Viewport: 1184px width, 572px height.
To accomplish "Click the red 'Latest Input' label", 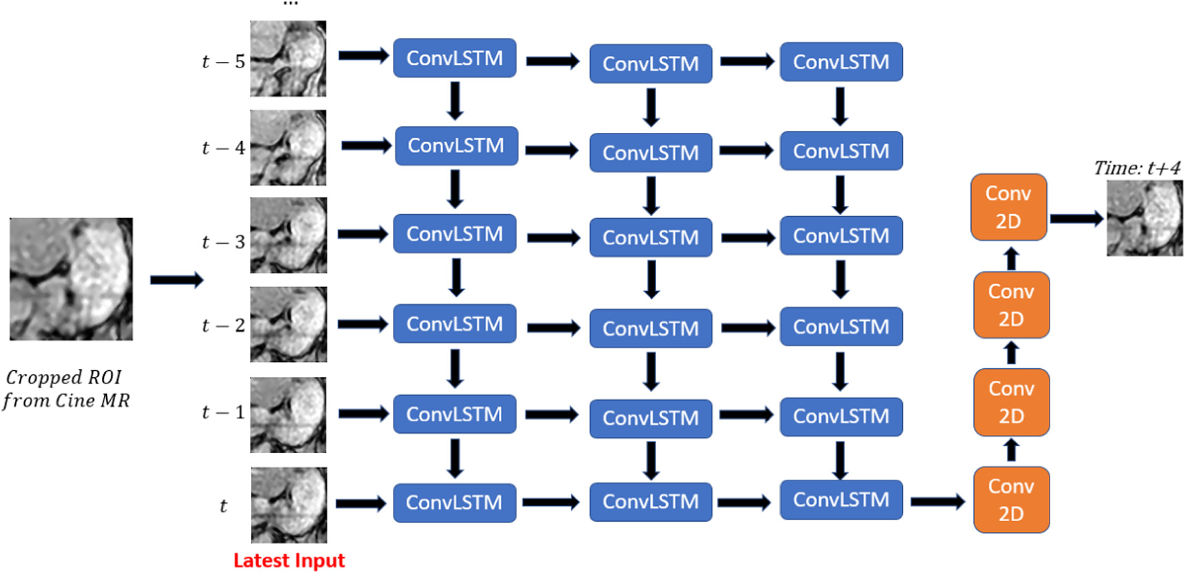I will coord(289,560).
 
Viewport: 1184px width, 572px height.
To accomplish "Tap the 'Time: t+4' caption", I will coord(1136,168).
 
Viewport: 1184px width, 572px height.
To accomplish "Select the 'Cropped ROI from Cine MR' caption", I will coord(65,389).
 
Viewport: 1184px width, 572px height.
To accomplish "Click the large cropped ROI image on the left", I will coord(71,279).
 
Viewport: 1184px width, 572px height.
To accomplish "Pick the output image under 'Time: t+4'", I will coord(1144,218).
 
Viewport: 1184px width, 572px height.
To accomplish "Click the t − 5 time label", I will coord(223,62).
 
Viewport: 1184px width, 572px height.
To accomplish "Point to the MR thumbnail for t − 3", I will coord(288,235).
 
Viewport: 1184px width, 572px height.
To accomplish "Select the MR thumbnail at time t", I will coord(289,505).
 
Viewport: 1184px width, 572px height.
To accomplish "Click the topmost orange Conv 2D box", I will coord(1008,207).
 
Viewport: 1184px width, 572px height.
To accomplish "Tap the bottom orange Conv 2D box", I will coord(1011,500).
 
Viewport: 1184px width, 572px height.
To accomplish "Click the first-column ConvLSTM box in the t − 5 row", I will coord(454,59).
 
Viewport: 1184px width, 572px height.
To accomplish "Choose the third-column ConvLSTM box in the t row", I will coord(841,500).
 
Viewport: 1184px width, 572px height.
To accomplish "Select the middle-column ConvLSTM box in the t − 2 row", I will coord(651,329).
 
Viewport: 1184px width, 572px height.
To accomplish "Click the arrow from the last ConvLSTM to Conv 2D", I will coord(937,502).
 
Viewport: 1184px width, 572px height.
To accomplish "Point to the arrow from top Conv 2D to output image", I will coord(1076,219).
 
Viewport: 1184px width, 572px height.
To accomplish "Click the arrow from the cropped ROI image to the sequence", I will coord(176,279).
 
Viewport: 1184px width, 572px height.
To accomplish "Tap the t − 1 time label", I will coord(223,412).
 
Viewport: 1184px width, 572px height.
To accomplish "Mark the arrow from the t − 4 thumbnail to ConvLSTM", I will coord(366,146).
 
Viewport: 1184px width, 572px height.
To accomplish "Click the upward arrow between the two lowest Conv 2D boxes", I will coord(1011,451).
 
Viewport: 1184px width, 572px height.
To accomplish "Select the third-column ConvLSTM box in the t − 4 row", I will coord(841,151).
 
